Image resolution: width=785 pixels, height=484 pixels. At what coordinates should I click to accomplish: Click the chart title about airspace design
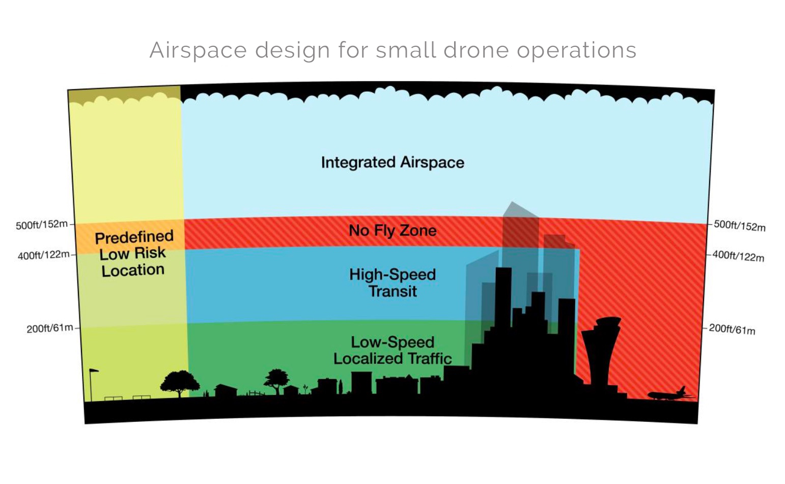click(x=393, y=50)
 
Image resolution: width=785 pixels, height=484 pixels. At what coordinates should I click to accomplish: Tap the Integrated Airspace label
click(x=393, y=163)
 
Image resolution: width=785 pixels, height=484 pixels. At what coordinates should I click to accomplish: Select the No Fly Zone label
click(x=393, y=231)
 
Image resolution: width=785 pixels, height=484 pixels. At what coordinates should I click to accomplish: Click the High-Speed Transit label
click(x=392, y=283)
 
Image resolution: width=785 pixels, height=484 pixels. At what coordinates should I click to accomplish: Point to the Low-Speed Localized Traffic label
click(x=392, y=351)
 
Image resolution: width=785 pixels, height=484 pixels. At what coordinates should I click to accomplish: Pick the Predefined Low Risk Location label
click(x=133, y=254)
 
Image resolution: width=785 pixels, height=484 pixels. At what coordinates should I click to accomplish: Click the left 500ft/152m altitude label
click(x=42, y=225)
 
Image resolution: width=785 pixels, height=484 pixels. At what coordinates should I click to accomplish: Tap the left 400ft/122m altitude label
click(x=43, y=255)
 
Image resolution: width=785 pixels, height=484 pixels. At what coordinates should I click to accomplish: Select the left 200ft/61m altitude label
click(x=50, y=329)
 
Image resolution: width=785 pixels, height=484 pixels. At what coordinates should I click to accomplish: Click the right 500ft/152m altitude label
click(x=740, y=226)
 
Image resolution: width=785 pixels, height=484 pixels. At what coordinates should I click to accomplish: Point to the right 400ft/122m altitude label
click(x=738, y=256)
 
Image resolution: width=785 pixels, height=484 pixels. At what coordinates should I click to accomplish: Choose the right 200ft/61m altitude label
click(x=732, y=329)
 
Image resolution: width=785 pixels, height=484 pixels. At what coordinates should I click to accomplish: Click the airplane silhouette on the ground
click(x=670, y=394)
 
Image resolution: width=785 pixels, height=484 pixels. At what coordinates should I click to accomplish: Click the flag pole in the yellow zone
click(x=92, y=385)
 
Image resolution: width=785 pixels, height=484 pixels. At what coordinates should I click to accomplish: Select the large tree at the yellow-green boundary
click(x=180, y=384)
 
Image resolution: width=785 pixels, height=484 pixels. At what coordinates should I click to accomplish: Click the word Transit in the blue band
click(x=393, y=291)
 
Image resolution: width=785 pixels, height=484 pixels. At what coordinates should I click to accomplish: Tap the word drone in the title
click(x=476, y=50)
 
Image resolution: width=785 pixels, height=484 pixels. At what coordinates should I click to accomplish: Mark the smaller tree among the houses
click(x=276, y=381)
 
